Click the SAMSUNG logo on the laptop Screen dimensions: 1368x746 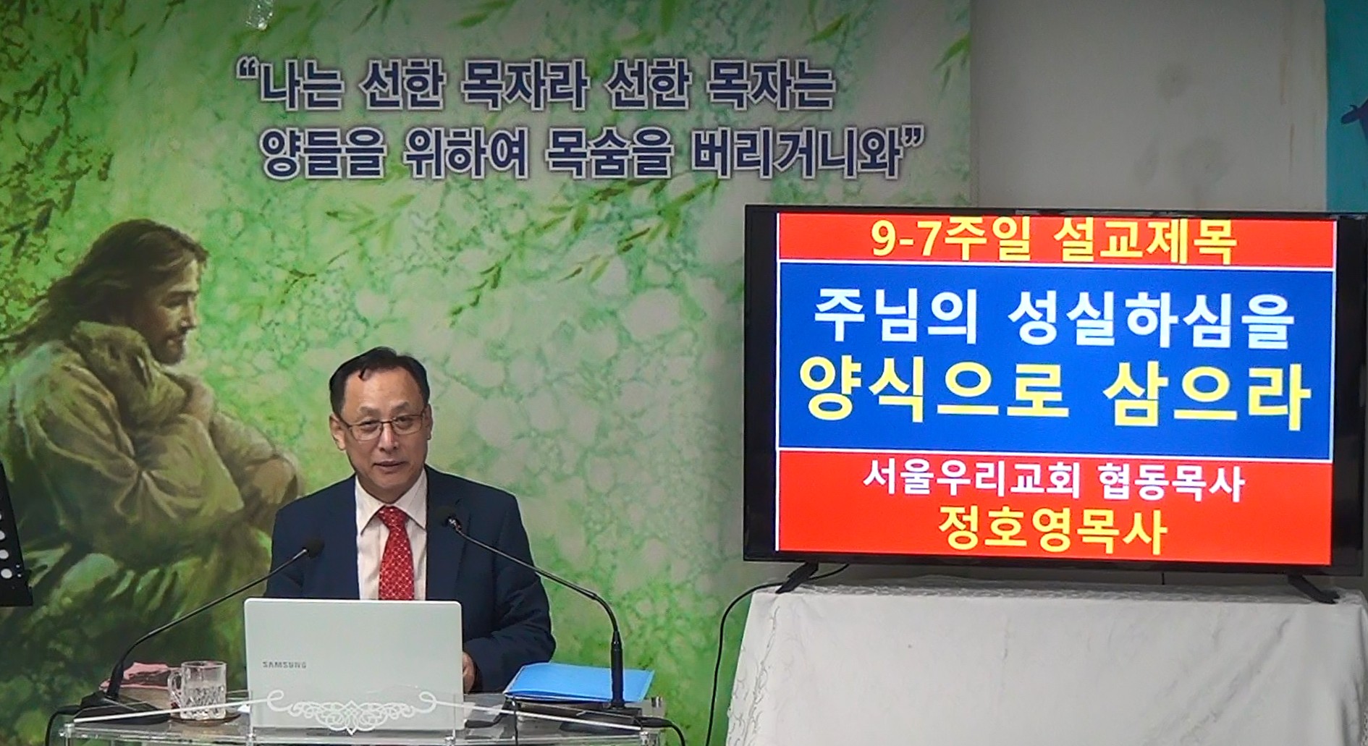[x=284, y=664]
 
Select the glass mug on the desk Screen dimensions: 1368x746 [x=197, y=690]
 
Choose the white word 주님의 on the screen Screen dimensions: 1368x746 [x=895, y=318]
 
